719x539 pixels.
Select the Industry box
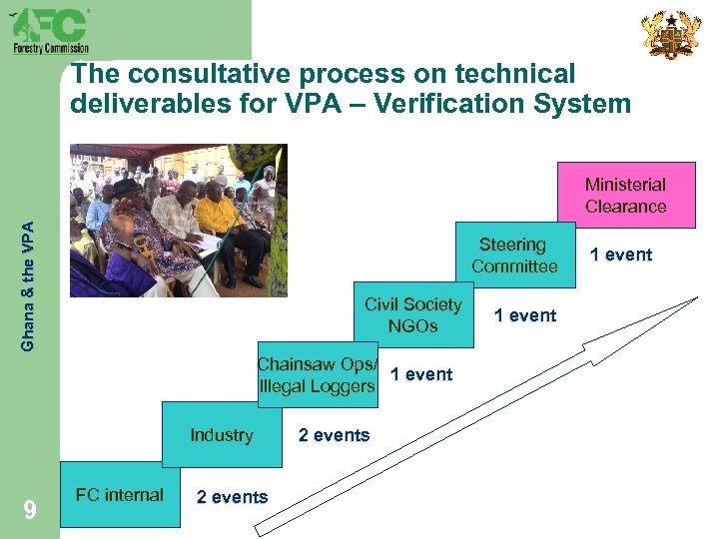[222, 434]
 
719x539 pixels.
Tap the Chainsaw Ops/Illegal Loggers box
[318, 375]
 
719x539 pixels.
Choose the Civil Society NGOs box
[413, 315]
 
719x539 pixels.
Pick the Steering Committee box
[514, 256]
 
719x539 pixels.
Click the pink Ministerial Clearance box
[625, 196]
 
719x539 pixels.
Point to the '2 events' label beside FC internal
[232, 497]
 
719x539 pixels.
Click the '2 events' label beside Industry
[334, 435]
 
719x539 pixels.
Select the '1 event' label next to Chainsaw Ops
[420, 374]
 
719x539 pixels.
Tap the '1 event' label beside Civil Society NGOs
[525, 315]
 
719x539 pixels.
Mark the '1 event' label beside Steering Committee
[620, 255]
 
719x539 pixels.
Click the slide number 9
[30, 511]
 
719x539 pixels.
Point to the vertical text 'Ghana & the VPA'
[29, 285]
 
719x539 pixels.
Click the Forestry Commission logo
[50, 30]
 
